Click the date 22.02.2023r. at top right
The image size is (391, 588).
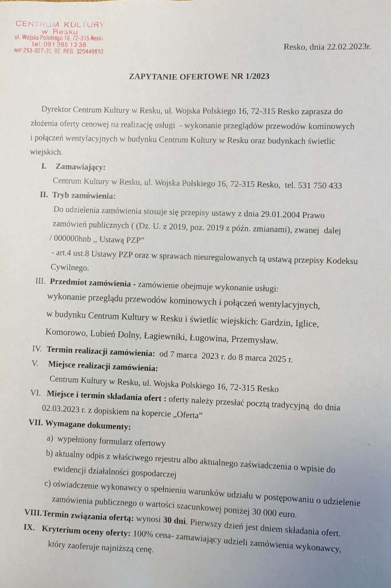pos(349,47)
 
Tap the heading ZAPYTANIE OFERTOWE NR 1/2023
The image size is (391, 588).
pos(199,76)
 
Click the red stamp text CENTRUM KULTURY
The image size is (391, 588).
pos(60,24)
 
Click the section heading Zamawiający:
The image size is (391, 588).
pos(80,167)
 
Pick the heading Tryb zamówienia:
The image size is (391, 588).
pos(84,196)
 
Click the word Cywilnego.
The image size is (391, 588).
pos(70,268)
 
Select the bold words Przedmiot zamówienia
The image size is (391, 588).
pos(90,283)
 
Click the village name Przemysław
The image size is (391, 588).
pos(254,340)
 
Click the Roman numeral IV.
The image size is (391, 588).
pos(37,349)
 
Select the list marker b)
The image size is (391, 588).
pos(49,454)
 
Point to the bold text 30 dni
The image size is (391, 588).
pos(174,520)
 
